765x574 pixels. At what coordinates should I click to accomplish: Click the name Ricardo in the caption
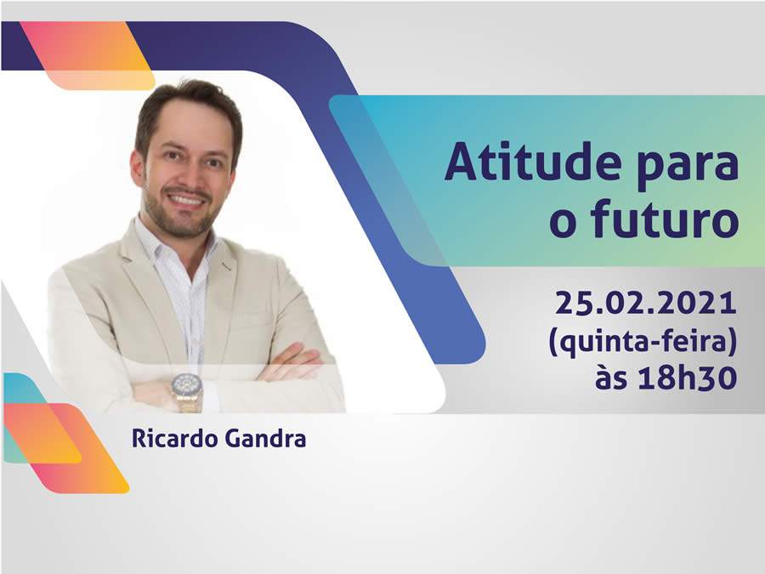tap(169, 440)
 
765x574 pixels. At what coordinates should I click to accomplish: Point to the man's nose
tap(187, 175)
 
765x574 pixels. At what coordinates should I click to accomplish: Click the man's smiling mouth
tap(189, 200)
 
